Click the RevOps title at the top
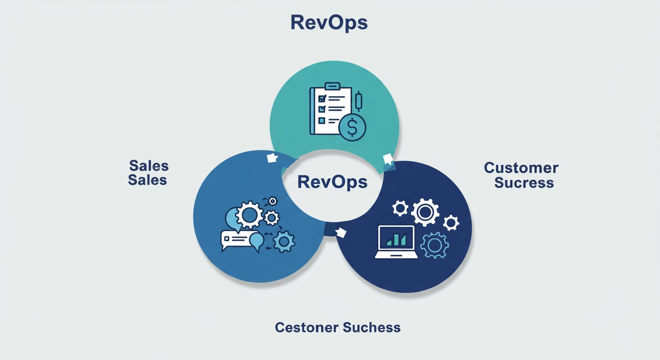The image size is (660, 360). click(329, 22)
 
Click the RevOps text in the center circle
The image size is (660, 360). click(332, 181)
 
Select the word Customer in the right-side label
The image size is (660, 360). click(521, 167)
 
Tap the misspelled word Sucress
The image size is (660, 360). click(524, 182)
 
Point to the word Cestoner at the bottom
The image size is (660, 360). click(305, 327)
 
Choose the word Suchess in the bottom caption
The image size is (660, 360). click(371, 327)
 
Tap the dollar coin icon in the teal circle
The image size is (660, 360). click(352, 127)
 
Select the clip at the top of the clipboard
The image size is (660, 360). click(332, 86)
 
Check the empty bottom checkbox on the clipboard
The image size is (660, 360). click(322, 120)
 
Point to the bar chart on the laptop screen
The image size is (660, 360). click(396, 239)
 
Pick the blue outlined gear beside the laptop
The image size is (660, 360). click(434, 245)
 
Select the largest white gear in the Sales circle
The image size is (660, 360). click(249, 215)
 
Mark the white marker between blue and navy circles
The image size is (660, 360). click(341, 232)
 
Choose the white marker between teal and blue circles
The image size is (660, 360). click(272, 158)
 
